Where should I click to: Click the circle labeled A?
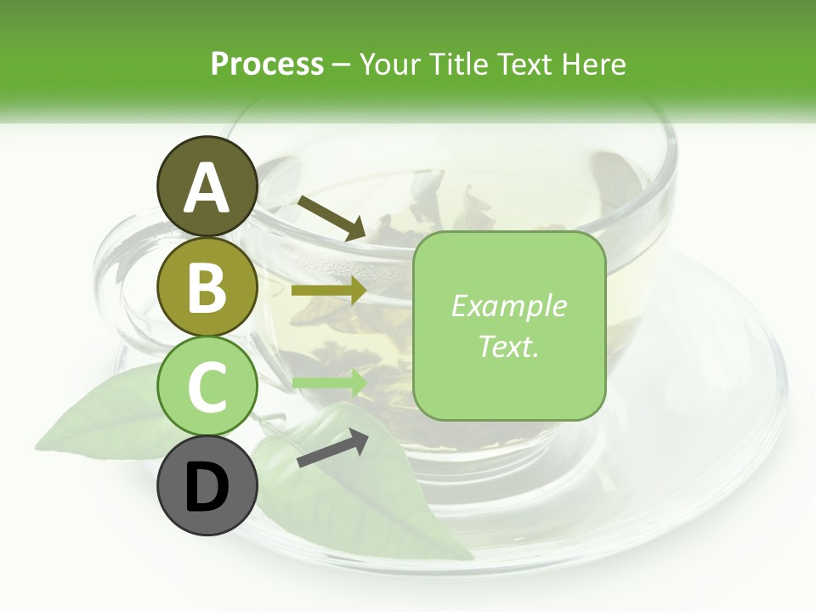point(207,187)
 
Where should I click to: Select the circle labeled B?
point(207,286)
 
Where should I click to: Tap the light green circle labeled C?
point(207,387)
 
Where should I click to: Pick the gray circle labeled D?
point(207,486)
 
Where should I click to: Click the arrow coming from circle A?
point(331,218)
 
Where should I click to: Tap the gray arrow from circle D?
point(332,448)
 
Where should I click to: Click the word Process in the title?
point(267,64)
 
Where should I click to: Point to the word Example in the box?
point(508,306)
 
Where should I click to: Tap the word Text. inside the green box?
point(508,346)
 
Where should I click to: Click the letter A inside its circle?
point(207,189)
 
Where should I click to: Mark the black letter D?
point(207,488)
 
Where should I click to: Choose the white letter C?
point(207,388)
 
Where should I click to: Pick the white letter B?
point(207,288)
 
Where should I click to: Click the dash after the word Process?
point(342,65)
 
